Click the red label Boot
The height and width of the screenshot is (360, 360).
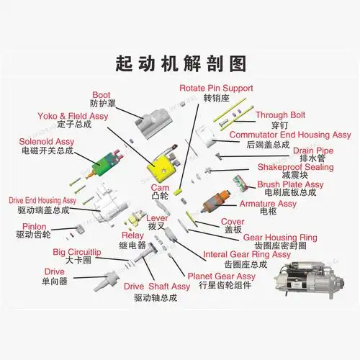pos(101,94)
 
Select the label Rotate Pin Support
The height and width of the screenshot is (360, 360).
pos(215,88)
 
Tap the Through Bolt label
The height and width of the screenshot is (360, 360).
pos(281,115)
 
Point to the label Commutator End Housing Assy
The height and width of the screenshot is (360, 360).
pos(289,134)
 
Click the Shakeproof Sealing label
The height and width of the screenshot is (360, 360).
pos(295,167)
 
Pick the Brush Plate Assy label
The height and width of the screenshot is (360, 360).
pos(291,184)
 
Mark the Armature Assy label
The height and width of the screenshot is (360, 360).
pos(268,204)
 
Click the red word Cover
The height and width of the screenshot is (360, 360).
pos(233,221)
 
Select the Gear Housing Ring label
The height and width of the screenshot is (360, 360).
pos(279,237)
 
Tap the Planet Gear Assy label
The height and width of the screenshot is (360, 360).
pos(222,276)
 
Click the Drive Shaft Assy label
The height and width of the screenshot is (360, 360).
pos(157,286)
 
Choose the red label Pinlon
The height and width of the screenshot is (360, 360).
pos(34,226)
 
